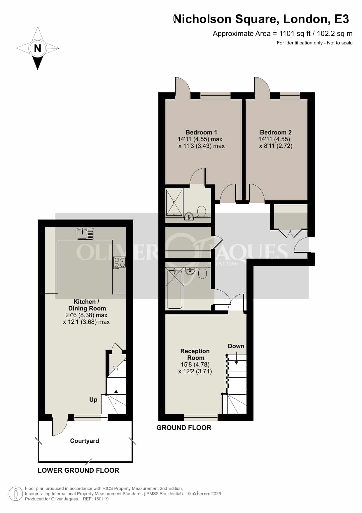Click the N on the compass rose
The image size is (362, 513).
(x=37, y=48)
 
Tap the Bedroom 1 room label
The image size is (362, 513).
(x=201, y=132)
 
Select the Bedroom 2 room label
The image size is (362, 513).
(x=276, y=132)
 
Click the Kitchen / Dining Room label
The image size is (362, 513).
(x=87, y=305)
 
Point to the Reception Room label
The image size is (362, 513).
(x=195, y=354)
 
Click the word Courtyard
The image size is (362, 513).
(x=85, y=441)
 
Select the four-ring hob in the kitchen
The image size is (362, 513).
(x=120, y=262)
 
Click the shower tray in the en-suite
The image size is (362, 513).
(x=174, y=203)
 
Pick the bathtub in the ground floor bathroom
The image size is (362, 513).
(x=174, y=289)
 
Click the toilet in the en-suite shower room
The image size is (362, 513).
(x=202, y=212)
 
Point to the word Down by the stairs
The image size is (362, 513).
(x=236, y=346)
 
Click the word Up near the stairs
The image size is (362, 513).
(x=93, y=400)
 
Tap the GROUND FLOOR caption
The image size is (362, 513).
(x=184, y=428)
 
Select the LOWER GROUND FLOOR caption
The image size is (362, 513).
(x=78, y=470)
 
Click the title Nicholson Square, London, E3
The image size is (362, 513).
(x=261, y=19)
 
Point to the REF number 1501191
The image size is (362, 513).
(x=102, y=499)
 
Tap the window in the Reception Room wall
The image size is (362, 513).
(x=201, y=417)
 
